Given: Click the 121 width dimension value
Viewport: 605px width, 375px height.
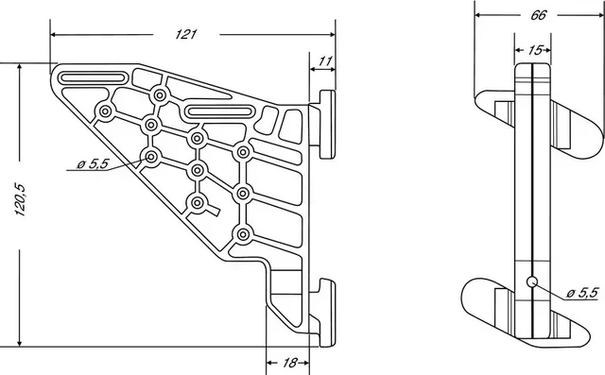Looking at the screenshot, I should pos(185,34).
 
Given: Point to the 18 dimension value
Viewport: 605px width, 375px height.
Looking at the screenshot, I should pos(289,363).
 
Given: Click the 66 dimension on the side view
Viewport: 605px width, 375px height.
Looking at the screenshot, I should pos(537,14).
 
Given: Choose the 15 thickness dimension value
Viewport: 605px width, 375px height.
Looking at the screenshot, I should pos(535,49).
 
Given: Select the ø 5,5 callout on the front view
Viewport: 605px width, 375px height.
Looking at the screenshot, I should pos(93,164).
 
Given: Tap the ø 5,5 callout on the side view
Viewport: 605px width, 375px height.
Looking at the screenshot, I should pos(579,293).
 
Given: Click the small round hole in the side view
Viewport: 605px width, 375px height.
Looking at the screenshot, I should pos(532,281).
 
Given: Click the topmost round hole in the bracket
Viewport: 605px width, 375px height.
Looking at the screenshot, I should pos(159,95).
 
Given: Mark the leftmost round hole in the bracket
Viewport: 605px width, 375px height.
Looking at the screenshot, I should pos(105,112).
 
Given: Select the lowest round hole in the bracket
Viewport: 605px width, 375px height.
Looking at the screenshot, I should pos(243,234).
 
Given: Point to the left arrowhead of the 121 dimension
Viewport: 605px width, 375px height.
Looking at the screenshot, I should pos(54,34).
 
